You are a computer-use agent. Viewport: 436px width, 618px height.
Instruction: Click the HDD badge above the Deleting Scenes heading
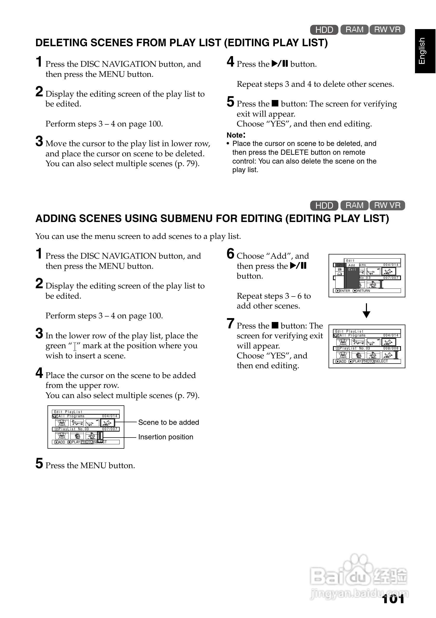pyautogui.click(x=324, y=30)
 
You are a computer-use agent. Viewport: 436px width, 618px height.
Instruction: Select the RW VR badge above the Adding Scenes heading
pyautogui.click(x=387, y=205)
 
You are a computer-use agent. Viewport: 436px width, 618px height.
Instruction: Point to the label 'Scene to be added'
pyautogui.click(x=168, y=422)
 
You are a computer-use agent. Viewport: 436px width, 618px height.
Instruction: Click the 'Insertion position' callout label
pyautogui.click(x=166, y=437)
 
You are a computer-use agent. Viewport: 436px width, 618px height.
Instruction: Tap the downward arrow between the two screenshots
pyautogui.click(x=366, y=311)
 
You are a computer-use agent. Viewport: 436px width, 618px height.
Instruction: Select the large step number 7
pyautogui.click(x=230, y=324)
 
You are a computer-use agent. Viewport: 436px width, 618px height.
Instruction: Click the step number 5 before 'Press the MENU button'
pyautogui.click(x=39, y=464)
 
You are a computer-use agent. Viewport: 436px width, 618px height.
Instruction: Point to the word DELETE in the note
pyautogui.click(x=292, y=152)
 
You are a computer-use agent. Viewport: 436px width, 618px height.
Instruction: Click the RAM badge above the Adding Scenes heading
pyautogui.click(x=354, y=205)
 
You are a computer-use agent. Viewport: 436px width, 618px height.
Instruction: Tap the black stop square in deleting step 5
pyautogui.click(x=275, y=103)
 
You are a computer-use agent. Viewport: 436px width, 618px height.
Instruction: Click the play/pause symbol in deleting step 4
pyautogui.click(x=280, y=64)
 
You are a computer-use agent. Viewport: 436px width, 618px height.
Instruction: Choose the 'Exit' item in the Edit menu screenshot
pyautogui.click(x=352, y=270)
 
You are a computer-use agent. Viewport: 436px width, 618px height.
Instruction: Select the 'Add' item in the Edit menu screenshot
pyautogui.click(x=352, y=265)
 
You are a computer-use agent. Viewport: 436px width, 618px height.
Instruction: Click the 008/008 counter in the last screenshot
pyautogui.click(x=391, y=348)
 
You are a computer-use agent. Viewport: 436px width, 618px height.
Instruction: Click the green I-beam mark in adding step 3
pyautogui.click(x=75, y=346)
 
